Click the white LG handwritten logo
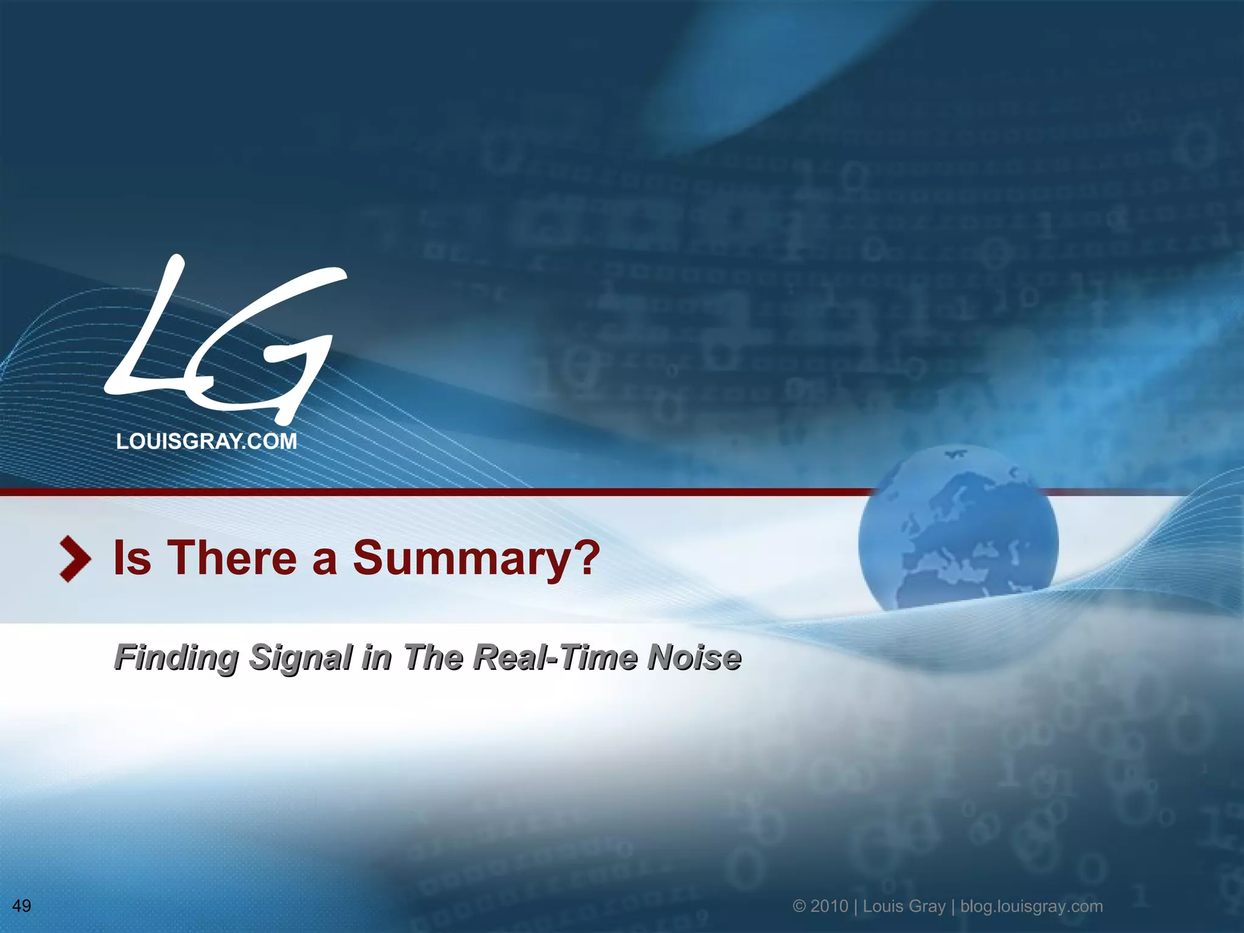point(225,340)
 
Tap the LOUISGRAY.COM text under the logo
point(207,442)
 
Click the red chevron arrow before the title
point(75,559)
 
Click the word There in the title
point(232,558)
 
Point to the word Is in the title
point(132,558)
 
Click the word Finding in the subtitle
point(176,658)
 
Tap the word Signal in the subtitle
point(301,658)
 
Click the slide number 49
point(22,906)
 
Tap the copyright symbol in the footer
point(799,906)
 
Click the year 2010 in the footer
point(829,906)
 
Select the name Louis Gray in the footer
point(904,906)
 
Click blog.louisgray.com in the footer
point(1031,906)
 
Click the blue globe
point(958,528)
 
